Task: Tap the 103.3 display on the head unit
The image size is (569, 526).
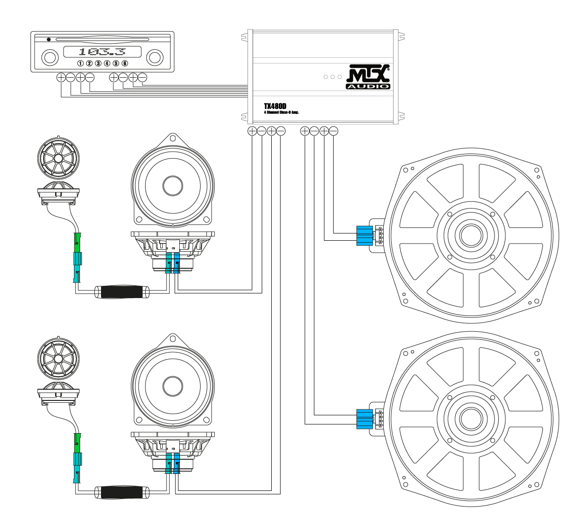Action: (x=102, y=52)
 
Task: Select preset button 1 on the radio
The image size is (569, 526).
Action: (x=81, y=63)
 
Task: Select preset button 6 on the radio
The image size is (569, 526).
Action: (x=125, y=63)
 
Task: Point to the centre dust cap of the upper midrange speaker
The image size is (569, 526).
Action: (x=173, y=185)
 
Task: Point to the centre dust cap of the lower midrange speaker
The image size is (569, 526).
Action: (x=173, y=386)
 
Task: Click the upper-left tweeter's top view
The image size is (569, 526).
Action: (x=58, y=157)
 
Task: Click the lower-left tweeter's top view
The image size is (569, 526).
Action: (x=58, y=359)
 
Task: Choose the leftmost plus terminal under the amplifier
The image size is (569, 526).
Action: (x=252, y=131)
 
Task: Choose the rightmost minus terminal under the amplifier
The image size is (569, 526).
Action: (x=333, y=131)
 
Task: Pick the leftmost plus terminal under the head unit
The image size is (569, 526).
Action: (x=61, y=77)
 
